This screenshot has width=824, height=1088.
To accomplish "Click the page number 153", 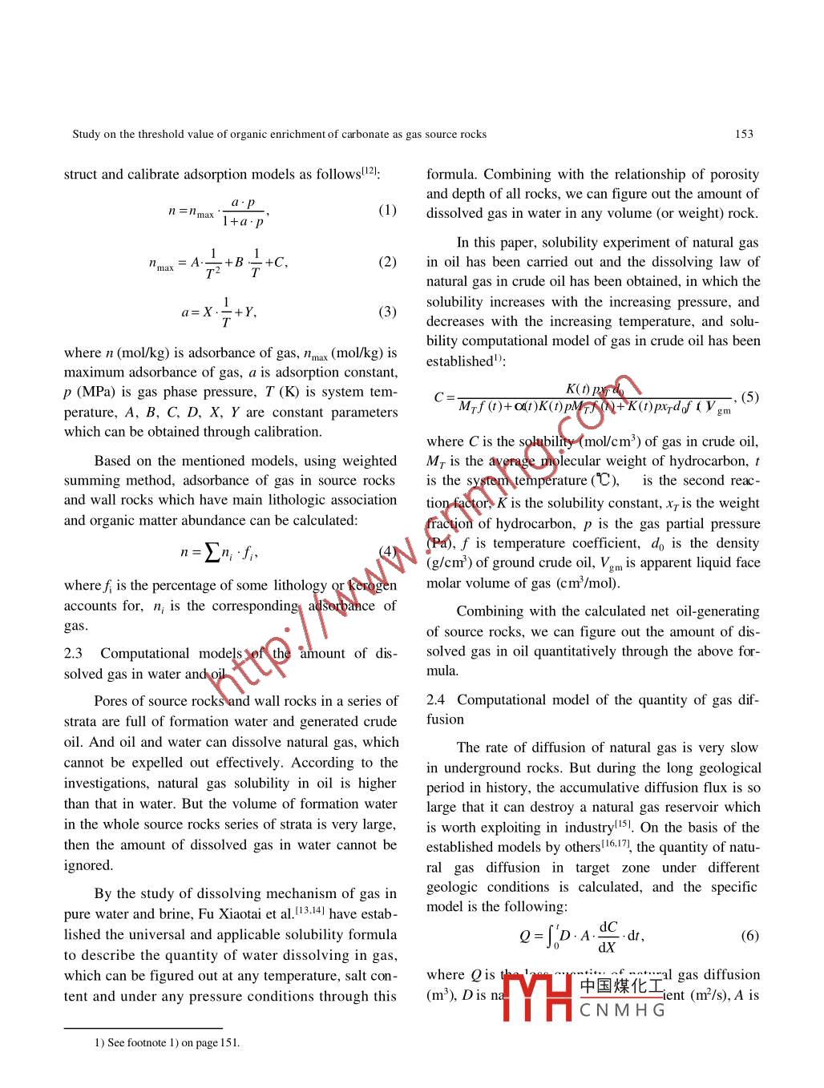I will pos(744,134).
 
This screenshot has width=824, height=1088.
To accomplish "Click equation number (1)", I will pos(387,210).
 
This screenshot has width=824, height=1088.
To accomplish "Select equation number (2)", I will pos(387,262).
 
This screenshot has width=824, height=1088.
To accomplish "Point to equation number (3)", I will pos(387,312).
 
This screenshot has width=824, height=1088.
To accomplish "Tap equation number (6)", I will pos(749,936).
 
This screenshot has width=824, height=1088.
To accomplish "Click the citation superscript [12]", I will pos(368,171).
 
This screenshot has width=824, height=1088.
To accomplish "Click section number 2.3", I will pos(74,654).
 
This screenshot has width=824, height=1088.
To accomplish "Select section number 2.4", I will pos(436,700).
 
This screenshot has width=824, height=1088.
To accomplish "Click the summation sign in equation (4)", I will pos(212,552).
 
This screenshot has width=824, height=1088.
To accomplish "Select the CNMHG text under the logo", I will pos(623,1010).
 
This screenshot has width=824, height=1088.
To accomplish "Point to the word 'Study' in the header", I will pos(86,134).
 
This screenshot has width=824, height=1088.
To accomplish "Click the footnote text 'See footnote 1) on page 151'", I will pos(172,1042).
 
